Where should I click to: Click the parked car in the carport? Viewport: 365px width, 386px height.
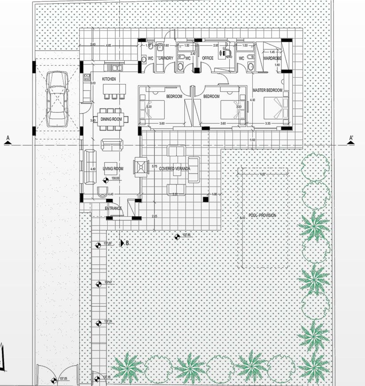[x=56, y=99]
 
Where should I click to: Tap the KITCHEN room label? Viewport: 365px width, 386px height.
[x=109, y=79]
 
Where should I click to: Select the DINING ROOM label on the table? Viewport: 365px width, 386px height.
[x=112, y=119]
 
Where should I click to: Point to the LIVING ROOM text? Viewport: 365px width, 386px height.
[x=113, y=168]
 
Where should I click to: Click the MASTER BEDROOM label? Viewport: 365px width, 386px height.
[x=268, y=90]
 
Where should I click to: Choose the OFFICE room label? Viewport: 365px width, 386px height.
[x=208, y=58]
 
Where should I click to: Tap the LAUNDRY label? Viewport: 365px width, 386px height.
[x=165, y=58]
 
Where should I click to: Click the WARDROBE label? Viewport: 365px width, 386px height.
[x=271, y=58]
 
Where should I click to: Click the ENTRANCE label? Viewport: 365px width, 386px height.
[x=114, y=208]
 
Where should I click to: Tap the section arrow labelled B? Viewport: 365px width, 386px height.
[x=123, y=243]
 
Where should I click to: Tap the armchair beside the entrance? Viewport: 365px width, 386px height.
[x=102, y=191]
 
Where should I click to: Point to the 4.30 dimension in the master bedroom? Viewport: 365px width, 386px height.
[x=253, y=100]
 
